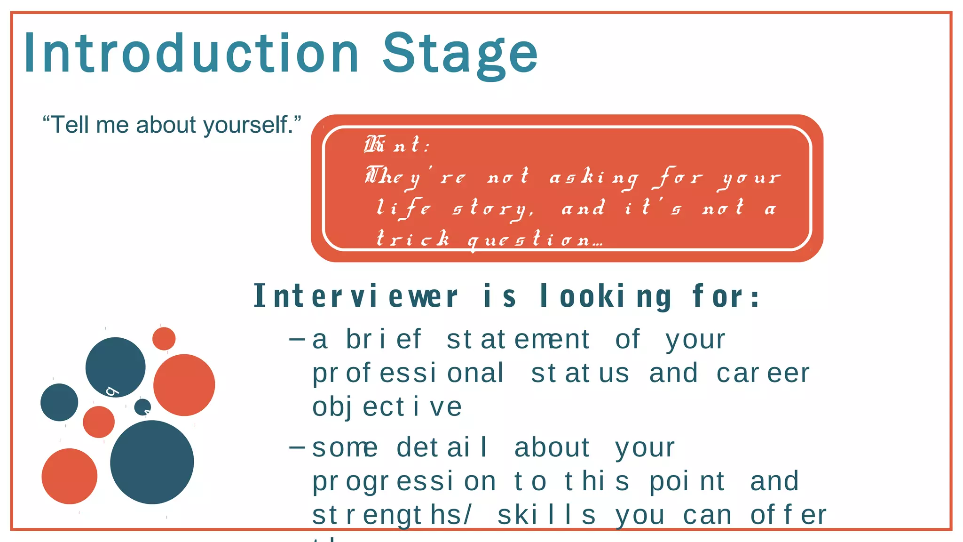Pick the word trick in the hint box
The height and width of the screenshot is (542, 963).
[413, 239]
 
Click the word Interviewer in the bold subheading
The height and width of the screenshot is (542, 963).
[355, 296]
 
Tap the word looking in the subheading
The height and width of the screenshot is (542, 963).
[606, 296]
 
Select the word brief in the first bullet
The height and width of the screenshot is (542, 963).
[384, 339]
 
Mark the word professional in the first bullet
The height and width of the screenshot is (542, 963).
[408, 373]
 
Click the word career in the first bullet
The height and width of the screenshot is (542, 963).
[763, 373]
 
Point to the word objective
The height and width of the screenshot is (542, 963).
[387, 407]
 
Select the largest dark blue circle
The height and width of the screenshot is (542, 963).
[152, 462]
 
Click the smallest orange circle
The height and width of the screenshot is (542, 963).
[164, 339]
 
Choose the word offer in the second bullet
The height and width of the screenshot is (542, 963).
[788, 515]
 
